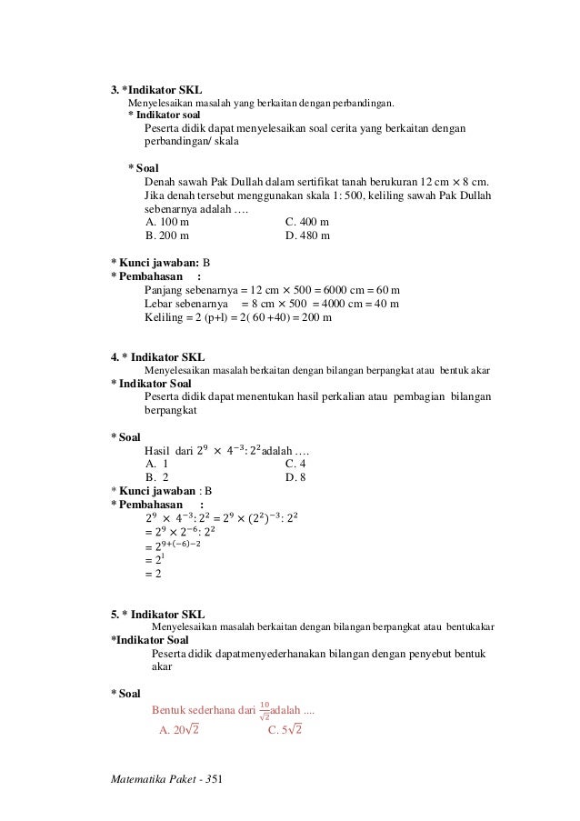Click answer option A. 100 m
[167, 221]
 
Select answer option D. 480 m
[307, 235]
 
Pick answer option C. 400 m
[307, 221]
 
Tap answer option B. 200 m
[167, 235]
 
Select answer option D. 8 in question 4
[295, 476]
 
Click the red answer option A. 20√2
[179, 729]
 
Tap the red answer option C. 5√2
[285, 729]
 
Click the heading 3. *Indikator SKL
[156, 90]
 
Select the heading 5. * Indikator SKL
[157, 614]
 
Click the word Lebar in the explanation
[159, 304]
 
